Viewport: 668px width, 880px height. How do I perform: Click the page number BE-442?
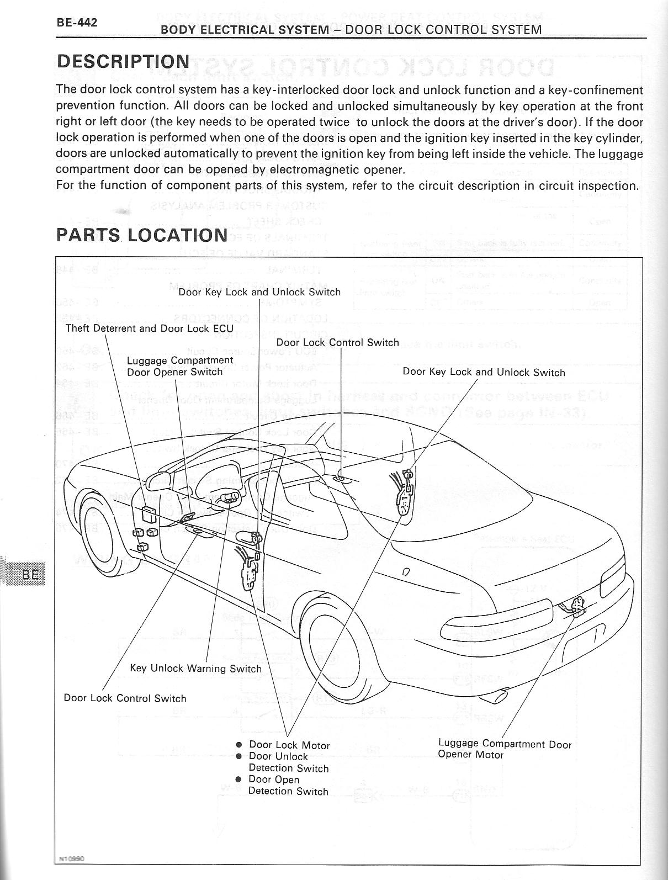click(x=77, y=23)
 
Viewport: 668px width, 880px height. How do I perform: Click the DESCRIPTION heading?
click(x=123, y=61)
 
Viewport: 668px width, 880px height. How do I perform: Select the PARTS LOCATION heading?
click(x=142, y=235)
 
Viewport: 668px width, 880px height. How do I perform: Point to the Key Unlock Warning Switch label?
click(x=195, y=668)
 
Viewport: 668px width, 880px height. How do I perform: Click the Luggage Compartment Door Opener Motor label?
click(x=504, y=749)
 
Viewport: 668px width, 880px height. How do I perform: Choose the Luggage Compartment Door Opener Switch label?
click(x=180, y=366)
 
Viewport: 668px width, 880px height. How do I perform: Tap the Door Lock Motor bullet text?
click(x=289, y=745)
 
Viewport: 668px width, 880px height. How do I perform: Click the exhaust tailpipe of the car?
click(x=501, y=697)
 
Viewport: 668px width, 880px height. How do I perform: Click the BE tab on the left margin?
click(x=29, y=575)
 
